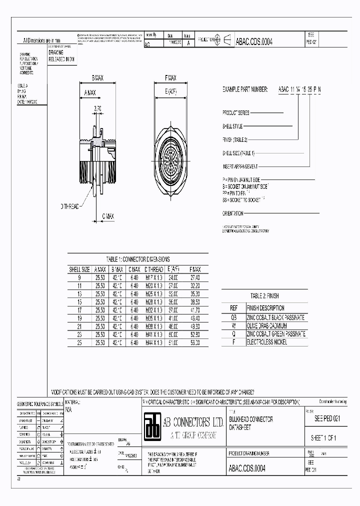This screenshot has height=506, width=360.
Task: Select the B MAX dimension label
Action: point(97,78)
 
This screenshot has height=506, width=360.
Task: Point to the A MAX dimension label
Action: point(90,92)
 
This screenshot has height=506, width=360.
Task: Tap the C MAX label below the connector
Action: point(108,216)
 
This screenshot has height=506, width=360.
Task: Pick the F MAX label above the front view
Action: point(170,78)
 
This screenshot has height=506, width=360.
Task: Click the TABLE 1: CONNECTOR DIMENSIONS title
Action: point(138,259)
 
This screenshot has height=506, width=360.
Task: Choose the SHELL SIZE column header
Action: point(79,269)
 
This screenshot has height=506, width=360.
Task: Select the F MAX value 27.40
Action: point(194,277)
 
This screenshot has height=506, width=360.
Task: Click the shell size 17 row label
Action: point(79,310)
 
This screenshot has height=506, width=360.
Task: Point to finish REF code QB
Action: point(233,317)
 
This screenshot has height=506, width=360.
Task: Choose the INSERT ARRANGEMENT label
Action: point(240,166)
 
